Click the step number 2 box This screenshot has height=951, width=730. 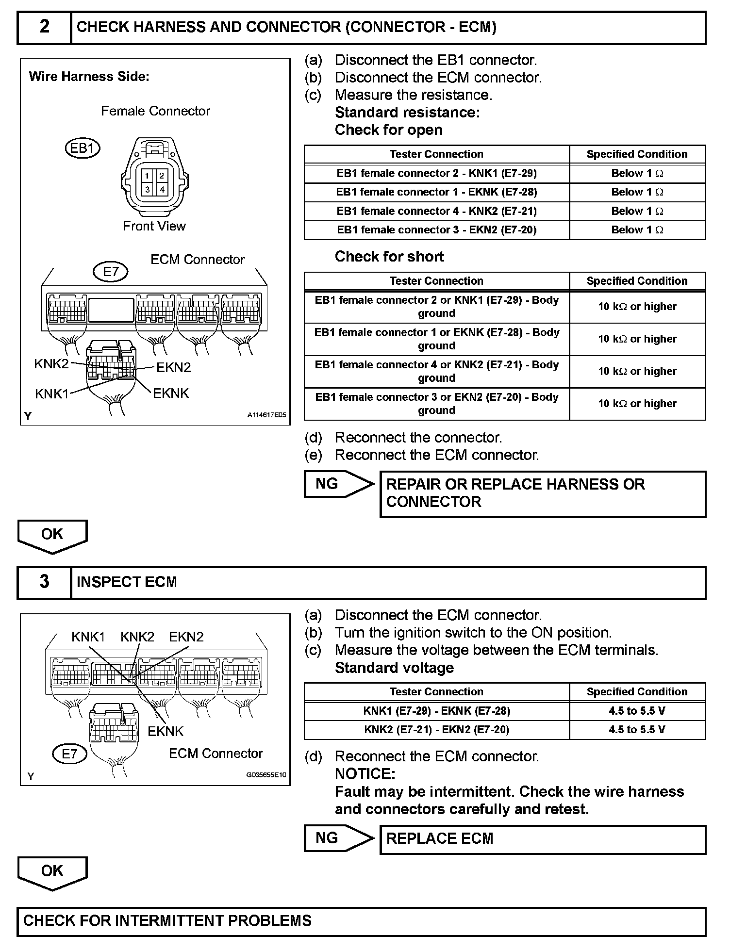(44, 27)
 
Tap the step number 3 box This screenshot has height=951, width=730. (44, 582)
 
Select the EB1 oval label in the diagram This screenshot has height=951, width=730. (82, 148)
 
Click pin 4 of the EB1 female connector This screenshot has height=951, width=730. (162, 190)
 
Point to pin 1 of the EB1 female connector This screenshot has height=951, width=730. (148, 176)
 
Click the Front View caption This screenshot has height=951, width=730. (154, 226)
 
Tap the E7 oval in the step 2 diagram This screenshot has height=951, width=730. (111, 272)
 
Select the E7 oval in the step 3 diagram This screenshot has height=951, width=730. (69, 754)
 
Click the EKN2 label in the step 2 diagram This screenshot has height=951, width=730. (173, 368)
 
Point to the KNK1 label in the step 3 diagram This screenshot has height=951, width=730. (88, 637)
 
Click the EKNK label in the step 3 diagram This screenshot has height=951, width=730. (166, 731)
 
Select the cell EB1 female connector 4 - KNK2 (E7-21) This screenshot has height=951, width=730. (436, 211)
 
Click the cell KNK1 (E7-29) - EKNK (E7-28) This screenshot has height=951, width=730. (436, 711)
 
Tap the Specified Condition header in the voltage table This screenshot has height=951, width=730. (637, 692)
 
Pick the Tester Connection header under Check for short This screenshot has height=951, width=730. (436, 281)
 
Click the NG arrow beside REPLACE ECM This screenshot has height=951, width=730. (339, 838)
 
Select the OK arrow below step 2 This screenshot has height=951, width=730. (52, 536)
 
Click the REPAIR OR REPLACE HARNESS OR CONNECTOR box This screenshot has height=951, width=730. (543, 493)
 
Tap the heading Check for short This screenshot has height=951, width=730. (389, 257)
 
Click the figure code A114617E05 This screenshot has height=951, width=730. (266, 415)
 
